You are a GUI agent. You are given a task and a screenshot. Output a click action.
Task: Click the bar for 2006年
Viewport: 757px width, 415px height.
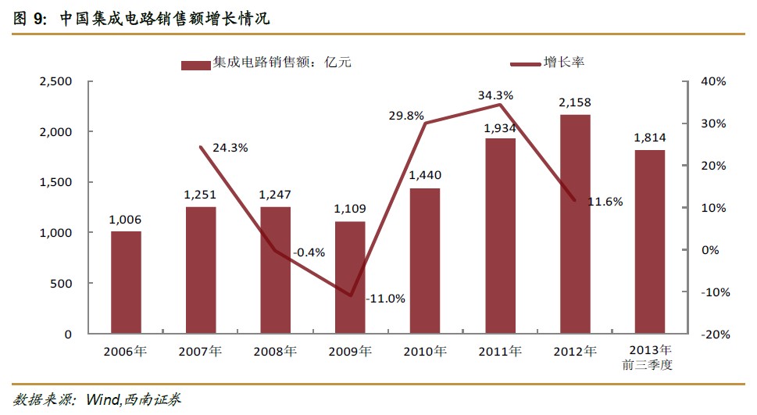click(126, 282)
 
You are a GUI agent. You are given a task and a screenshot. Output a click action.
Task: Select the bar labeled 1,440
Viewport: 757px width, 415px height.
click(425, 260)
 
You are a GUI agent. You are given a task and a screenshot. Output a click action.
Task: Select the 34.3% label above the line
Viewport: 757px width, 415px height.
click(495, 95)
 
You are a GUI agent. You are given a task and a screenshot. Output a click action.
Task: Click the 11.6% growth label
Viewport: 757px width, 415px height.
click(605, 202)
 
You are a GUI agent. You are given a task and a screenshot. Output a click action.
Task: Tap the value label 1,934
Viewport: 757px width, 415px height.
click(500, 127)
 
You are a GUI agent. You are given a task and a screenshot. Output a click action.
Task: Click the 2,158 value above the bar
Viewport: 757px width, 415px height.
click(575, 102)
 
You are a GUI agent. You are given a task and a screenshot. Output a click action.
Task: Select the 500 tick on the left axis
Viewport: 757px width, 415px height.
click(61, 284)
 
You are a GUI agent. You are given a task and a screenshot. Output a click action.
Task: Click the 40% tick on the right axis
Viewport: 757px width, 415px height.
click(714, 81)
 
